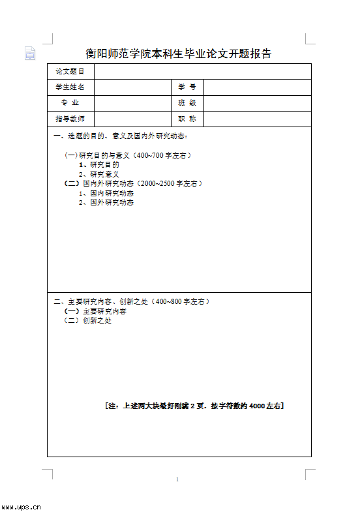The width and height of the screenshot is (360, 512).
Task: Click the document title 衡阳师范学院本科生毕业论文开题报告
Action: [x=179, y=53]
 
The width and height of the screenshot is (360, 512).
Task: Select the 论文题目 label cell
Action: [x=70, y=71]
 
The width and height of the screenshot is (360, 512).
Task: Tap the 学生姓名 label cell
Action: [x=70, y=87]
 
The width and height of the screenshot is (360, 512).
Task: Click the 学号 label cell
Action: [x=187, y=87]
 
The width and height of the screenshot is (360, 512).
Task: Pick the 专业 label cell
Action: [x=70, y=103]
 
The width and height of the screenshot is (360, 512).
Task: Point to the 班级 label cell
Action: [x=187, y=103]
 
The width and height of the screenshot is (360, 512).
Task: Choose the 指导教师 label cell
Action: [x=70, y=119]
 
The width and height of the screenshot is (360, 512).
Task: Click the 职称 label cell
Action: [x=187, y=119]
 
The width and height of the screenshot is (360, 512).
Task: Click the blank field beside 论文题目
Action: [x=202, y=71]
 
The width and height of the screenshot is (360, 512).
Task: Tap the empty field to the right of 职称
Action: [x=258, y=119]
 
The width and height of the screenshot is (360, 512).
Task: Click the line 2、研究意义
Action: [x=99, y=174]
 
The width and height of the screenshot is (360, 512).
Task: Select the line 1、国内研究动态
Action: [x=106, y=193]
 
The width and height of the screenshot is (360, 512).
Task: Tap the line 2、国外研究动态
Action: [x=106, y=202]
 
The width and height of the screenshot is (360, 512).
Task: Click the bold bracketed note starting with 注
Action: [x=194, y=406]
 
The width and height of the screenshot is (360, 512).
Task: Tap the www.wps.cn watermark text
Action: [x=22, y=506]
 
